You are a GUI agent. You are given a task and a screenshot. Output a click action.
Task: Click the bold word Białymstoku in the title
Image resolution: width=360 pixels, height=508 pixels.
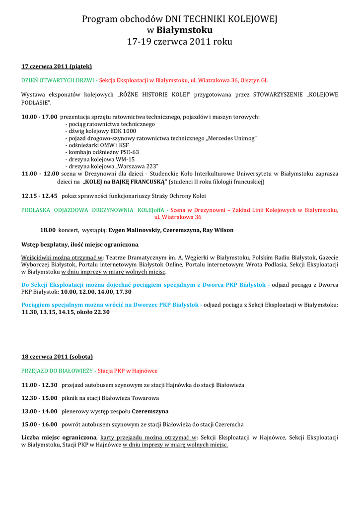[x=185, y=30]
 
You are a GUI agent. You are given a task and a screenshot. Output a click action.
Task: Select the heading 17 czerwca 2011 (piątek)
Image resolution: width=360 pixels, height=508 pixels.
[x=57, y=66]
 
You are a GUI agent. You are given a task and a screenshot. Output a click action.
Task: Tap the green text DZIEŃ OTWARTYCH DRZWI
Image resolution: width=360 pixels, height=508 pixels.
[x=58, y=80]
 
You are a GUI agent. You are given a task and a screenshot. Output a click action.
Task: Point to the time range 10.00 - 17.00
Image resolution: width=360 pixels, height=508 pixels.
[x=39, y=117]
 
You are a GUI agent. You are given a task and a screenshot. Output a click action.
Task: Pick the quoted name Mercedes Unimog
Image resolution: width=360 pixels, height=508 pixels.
[x=231, y=138]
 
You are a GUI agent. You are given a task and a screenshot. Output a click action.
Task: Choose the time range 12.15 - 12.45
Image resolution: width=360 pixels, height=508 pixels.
[x=39, y=196]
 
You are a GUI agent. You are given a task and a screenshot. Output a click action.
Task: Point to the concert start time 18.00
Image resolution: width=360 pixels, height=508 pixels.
[x=48, y=230]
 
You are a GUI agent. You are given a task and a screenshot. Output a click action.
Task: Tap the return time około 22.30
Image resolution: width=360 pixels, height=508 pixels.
[x=94, y=312]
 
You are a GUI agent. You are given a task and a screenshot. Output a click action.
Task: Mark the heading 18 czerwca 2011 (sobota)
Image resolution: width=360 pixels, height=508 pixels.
[x=57, y=356]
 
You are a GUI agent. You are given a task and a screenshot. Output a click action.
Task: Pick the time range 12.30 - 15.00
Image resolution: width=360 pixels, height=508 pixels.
[x=39, y=398]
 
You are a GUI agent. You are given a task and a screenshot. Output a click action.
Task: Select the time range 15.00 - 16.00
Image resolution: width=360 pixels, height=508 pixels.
[x=39, y=425]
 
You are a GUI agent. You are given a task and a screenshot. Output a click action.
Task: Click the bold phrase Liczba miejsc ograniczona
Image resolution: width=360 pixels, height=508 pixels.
[x=59, y=438]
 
